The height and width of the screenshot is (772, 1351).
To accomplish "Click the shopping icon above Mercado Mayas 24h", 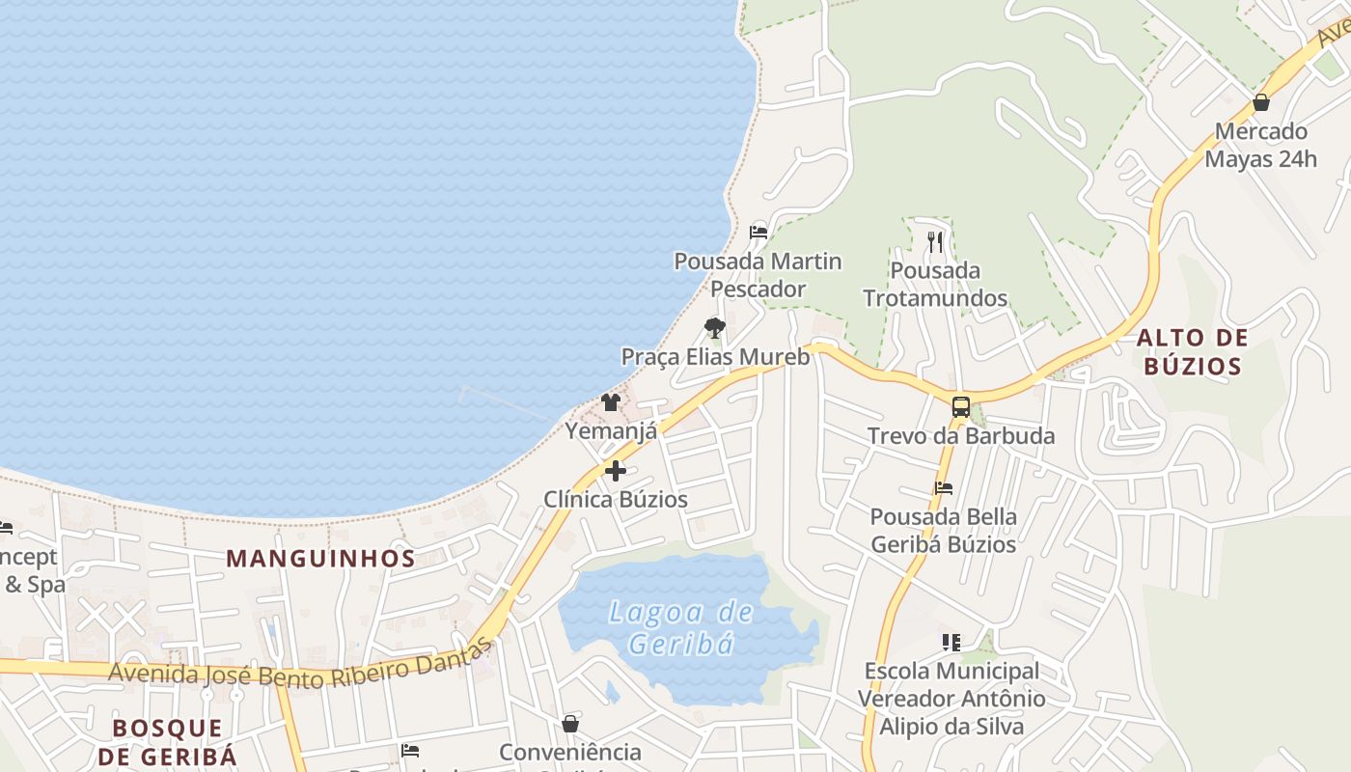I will point(1260,102).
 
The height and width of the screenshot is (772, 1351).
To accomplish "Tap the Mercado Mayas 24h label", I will point(1260,145).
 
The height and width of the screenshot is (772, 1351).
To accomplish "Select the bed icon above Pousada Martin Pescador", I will point(758,233).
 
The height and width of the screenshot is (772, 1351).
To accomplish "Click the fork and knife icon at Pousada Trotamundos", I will point(934,241).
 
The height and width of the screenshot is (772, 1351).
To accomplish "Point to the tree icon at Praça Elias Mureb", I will point(714,328).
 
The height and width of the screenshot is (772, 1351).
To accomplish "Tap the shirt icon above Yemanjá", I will point(611,402).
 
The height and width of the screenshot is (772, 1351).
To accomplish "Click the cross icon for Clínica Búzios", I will point(616,471).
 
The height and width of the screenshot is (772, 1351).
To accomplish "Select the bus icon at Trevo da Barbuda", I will point(960,407).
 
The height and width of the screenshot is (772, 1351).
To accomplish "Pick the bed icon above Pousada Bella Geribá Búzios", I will point(943,488).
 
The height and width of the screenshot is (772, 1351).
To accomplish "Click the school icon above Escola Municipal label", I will point(951,642).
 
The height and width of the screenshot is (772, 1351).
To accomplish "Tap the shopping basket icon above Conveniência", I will point(570,724).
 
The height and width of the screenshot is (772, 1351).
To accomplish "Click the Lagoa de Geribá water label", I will point(681,627).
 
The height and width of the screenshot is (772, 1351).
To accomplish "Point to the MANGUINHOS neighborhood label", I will point(320,558).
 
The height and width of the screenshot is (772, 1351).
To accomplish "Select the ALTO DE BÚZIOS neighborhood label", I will point(1192,351).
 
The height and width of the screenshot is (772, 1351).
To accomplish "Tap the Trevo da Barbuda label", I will point(961,436).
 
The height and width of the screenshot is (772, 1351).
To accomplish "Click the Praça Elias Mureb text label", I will point(715,356).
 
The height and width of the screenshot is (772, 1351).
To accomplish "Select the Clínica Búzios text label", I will point(616,499).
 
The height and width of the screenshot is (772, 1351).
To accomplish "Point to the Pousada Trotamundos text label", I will point(935,285).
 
